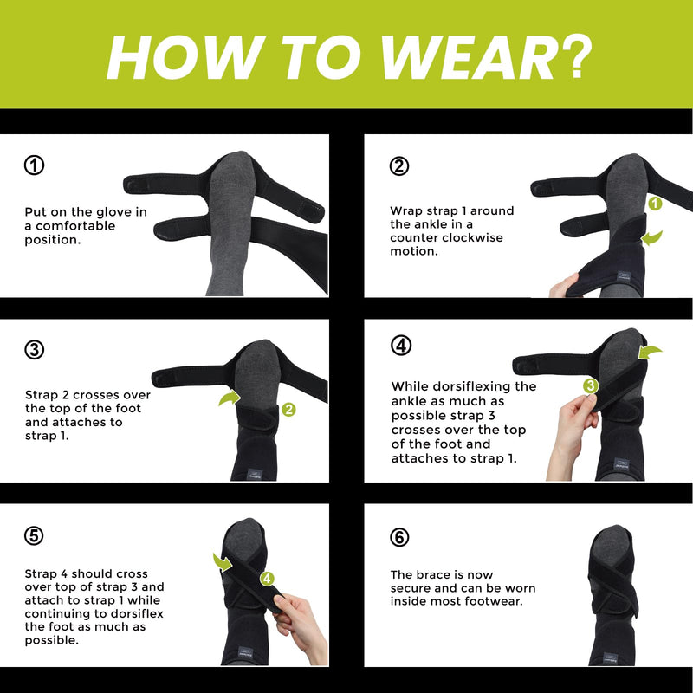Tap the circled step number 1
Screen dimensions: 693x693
(35, 165)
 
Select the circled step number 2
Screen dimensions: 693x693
(399, 165)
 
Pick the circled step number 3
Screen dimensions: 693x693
(35, 350)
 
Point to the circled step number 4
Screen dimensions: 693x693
(400, 346)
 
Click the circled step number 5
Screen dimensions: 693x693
(35, 535)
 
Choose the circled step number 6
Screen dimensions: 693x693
(399, 537)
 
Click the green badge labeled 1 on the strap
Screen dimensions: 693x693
(656, 204)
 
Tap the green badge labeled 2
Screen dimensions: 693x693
(288, 409)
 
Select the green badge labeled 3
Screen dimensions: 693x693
(590, 385)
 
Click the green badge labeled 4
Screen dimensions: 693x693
(267, 578)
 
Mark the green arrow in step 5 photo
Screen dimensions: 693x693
(222, 562)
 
